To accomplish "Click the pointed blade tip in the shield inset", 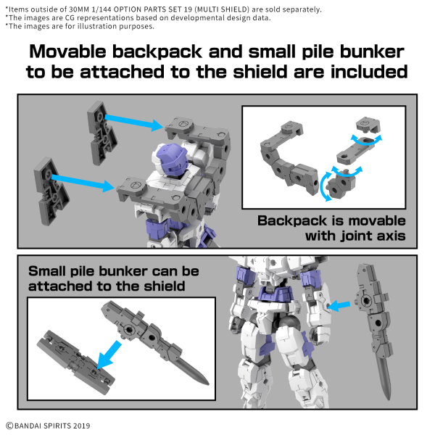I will tap(202, 379).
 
